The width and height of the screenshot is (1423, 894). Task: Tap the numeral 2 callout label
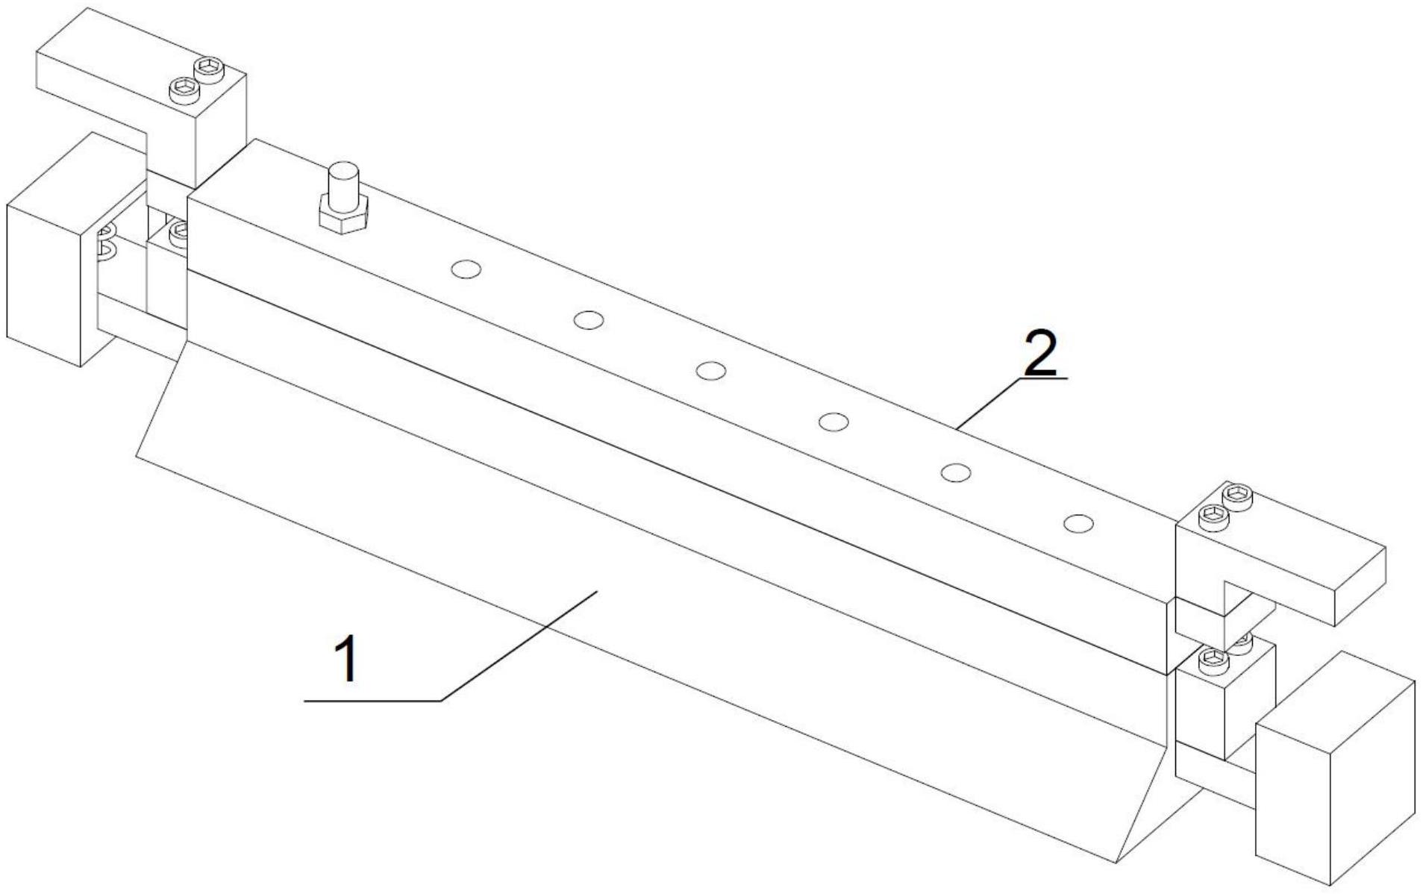point(1040,354)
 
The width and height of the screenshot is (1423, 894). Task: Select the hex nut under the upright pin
point(343,215)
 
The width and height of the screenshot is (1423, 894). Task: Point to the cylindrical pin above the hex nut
point(343,181)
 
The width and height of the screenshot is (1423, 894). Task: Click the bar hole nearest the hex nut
point(466,269)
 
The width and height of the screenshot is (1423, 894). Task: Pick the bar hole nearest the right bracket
point(1078,524)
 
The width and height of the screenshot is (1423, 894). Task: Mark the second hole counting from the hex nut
point(589,320)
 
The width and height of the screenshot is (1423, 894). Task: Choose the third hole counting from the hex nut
point(711,370)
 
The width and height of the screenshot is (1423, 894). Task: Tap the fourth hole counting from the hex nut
point(834,422)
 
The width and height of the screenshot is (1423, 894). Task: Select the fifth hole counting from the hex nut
point(956,472)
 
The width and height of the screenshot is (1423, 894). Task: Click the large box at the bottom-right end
point(1335,769)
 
